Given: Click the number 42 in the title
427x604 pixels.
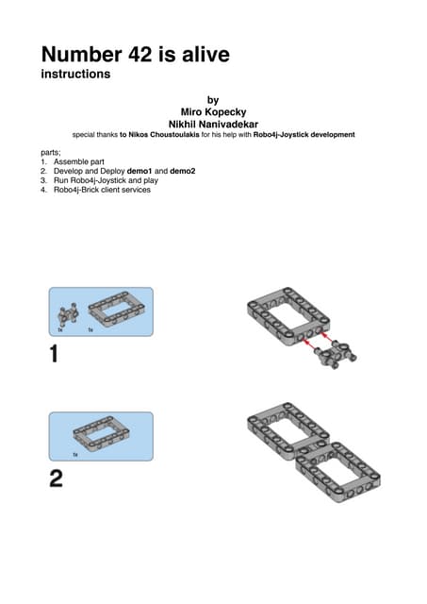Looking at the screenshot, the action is point(140,55).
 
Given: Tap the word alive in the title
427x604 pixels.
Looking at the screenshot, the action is point(205,54).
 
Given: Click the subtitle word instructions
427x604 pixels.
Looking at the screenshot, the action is point(75,74).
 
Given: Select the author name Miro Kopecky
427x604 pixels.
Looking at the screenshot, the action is point(213,112).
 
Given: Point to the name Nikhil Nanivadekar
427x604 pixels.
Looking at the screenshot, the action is point(213,125).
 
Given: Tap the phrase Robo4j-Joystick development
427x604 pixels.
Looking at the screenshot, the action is point(304,135).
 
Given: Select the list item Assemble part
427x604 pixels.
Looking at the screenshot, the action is point(79,161).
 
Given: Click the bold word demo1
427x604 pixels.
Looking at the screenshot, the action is point(140,171).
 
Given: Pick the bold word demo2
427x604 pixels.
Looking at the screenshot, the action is point(183,171).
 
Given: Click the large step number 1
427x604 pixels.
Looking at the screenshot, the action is point(55,354).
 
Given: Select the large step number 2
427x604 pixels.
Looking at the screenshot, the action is point(57,478).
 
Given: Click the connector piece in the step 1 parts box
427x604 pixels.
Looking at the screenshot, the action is point(67,314).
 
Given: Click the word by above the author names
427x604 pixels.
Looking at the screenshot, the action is point(213,101).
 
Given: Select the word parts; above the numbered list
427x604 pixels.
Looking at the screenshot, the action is point(51,153).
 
